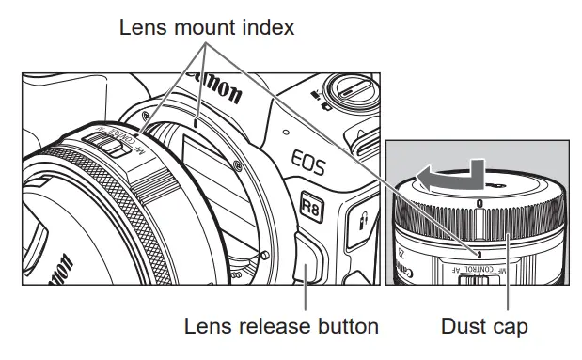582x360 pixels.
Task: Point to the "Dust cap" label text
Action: (484, 327)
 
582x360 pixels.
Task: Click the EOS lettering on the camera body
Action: (308, 162)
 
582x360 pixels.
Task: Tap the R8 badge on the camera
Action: (311, 207)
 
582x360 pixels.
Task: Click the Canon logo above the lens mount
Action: (215, 87)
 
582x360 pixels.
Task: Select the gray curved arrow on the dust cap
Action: (450, 178)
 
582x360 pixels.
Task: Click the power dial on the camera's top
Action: (350, 93)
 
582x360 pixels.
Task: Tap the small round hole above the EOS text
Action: (286, 132)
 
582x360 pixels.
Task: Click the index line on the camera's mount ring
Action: (196, 123)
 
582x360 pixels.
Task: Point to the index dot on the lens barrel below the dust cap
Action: (480, 254)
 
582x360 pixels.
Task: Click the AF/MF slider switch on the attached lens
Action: (107, 145)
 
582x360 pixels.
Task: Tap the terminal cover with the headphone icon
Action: (361, 225)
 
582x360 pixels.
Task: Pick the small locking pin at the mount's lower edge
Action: (264, 255)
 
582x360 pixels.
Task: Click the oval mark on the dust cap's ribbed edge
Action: (480, 203)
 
